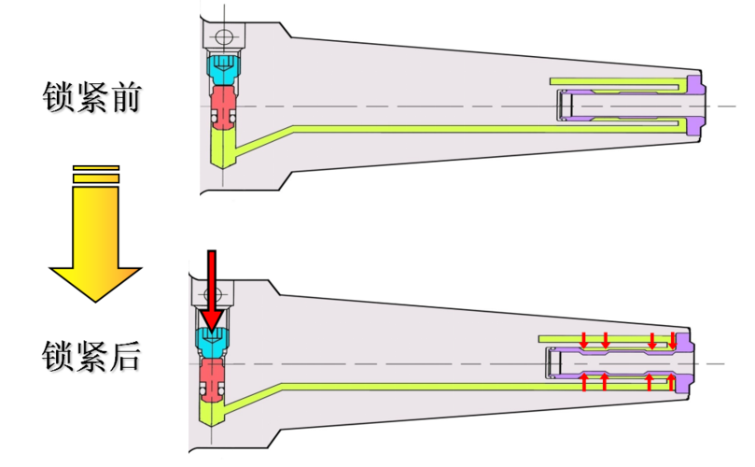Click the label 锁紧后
(x=91, y=356)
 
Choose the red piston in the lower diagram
(x=214, y=378)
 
